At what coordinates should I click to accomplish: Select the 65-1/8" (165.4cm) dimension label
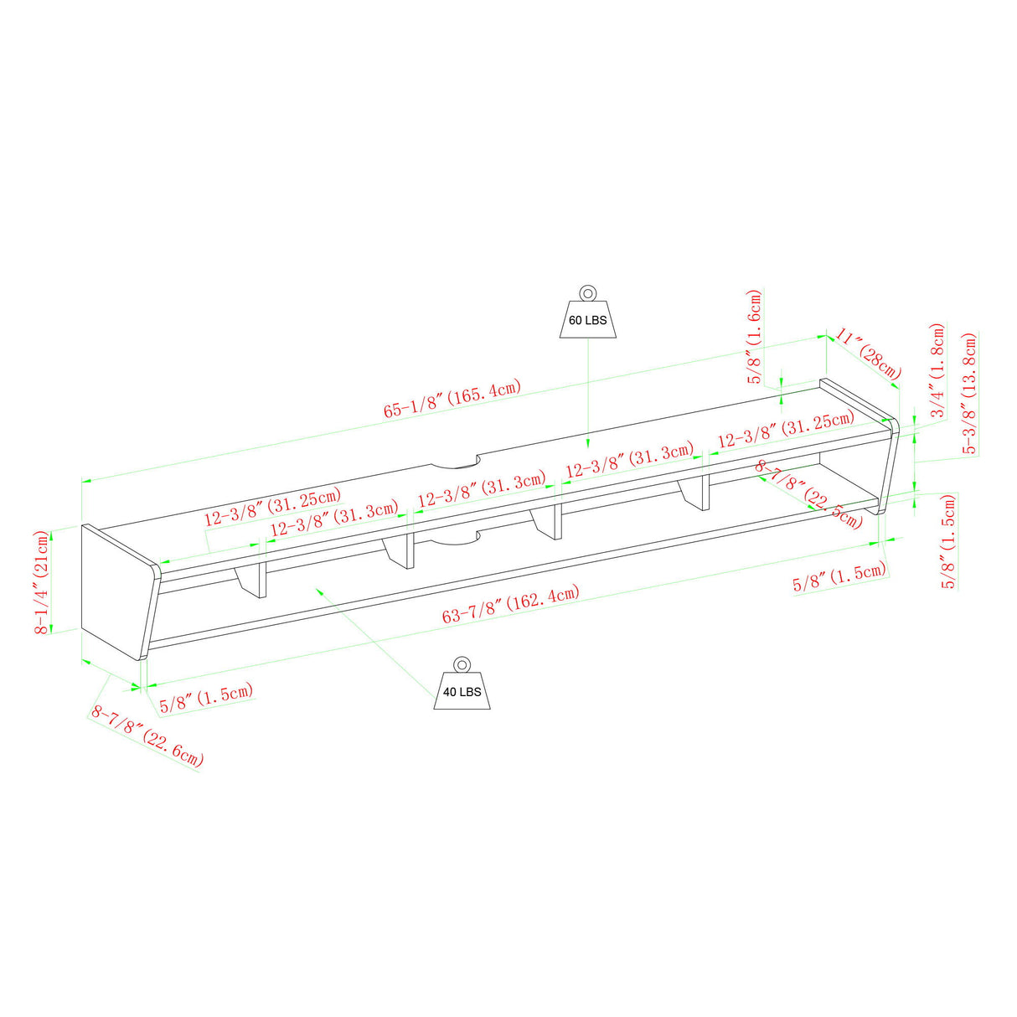452,399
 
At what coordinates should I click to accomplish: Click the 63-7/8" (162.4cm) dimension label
510,604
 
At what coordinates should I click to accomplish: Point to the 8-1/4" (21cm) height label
41,582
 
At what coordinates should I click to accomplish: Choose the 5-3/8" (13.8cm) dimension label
970,393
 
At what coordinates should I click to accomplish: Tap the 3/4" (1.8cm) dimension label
937,370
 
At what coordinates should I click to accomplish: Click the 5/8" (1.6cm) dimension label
756,336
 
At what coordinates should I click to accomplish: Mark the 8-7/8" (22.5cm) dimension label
808,493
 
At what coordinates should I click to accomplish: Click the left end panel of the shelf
121,592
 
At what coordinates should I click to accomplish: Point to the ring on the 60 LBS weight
587,293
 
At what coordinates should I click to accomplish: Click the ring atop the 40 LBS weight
462,664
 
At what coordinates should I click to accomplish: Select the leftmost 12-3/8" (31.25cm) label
273,507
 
